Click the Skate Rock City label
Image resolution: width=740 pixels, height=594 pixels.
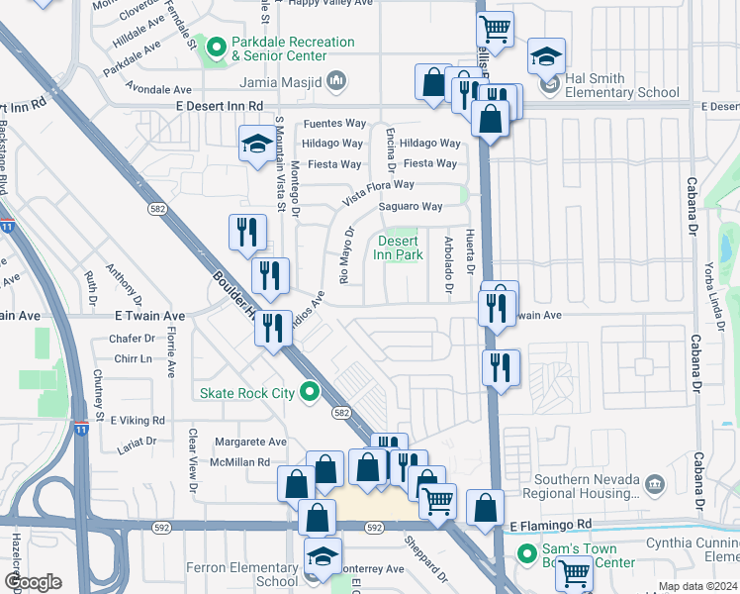[247, 393]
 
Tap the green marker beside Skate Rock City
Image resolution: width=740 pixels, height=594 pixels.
[310, 393]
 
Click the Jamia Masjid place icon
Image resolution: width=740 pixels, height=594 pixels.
[336, 78]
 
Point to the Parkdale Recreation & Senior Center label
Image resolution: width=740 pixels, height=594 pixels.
[292, 49]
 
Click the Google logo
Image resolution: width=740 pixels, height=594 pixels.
[33, 582]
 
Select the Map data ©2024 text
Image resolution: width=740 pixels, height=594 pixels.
[696, 586]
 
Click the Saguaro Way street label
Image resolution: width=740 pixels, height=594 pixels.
[411, 207]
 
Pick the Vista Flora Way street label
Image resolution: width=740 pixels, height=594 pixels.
[378, 192]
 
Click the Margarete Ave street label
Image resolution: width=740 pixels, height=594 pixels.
[250, 443]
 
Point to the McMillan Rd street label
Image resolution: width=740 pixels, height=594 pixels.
[237, 462]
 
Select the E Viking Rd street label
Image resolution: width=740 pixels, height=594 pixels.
[138, 420]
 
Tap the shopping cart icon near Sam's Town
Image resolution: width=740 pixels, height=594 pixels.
[573, 571]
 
